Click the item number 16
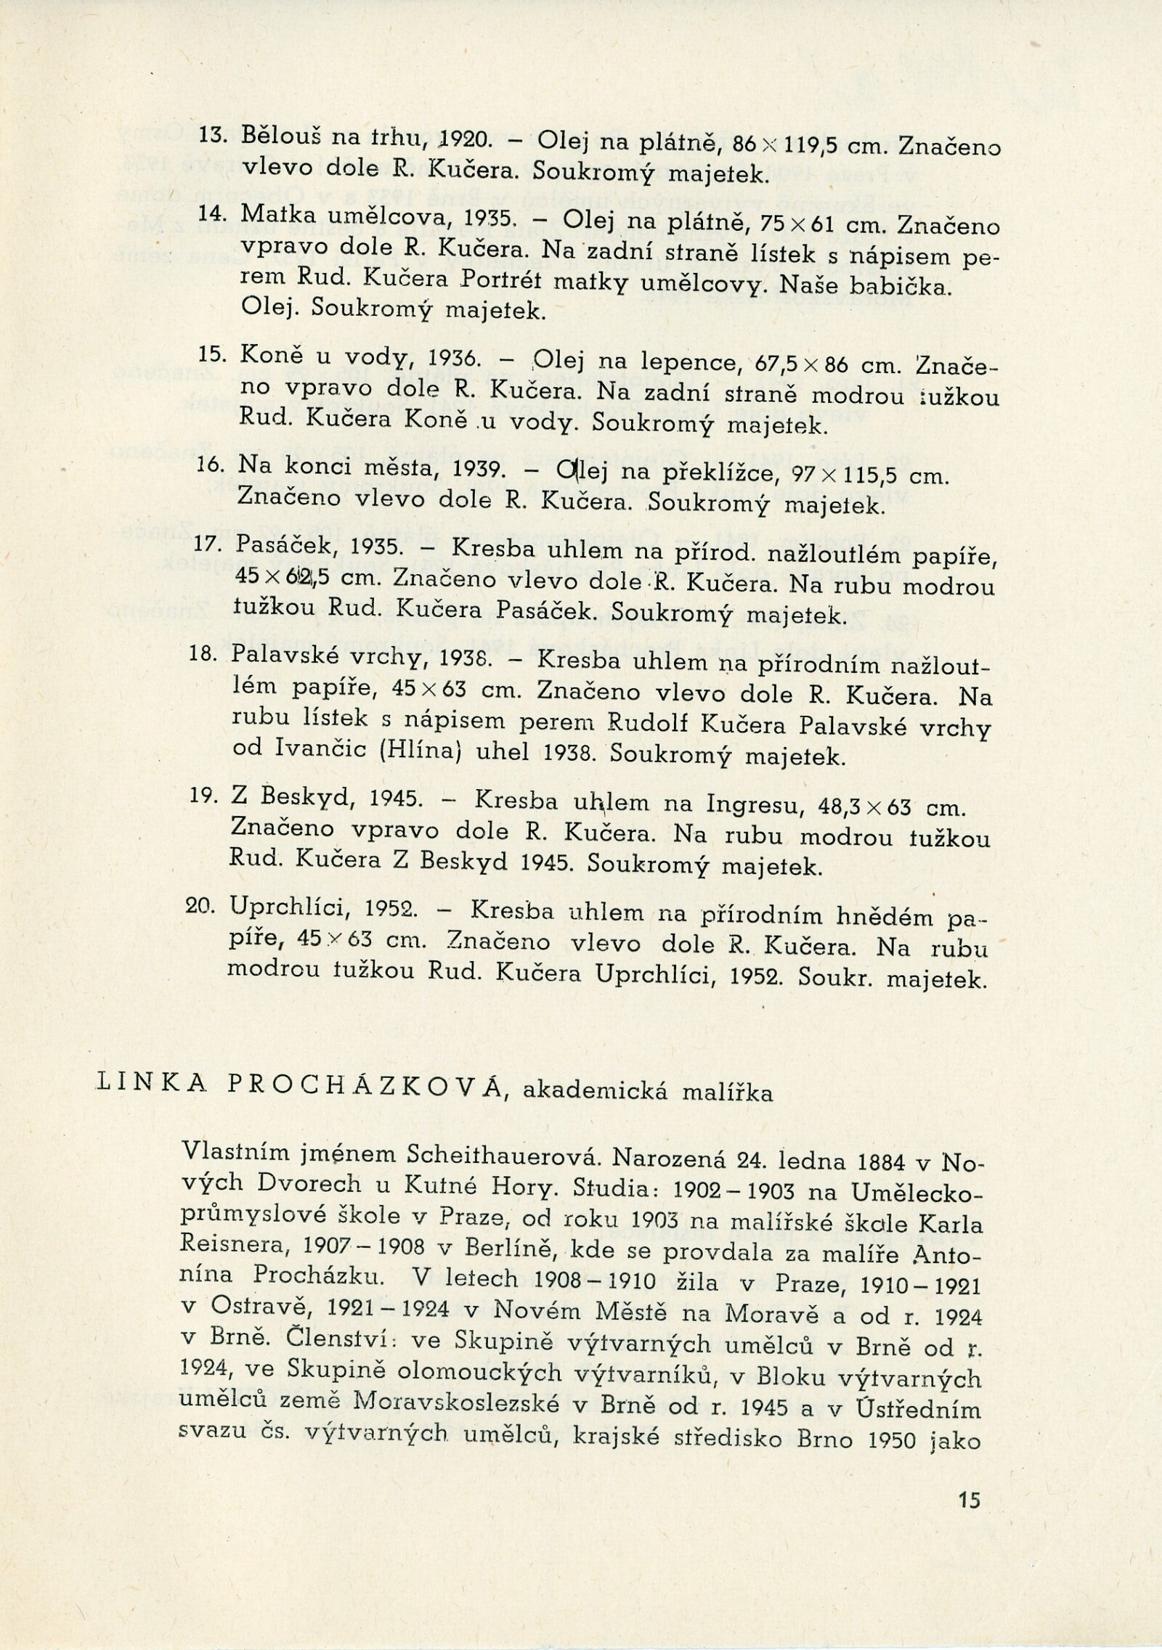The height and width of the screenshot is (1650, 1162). coord(208,465)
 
